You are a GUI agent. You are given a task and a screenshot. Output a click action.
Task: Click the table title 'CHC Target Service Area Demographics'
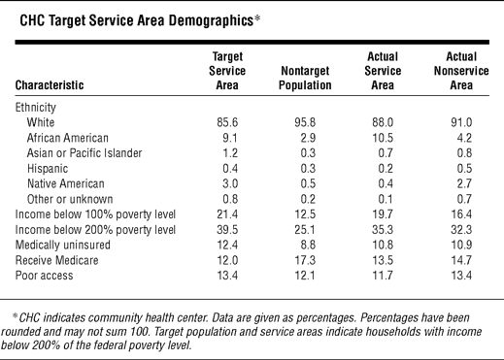tap(136, 20)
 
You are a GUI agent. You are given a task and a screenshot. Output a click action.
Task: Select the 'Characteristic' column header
tap(50, 85)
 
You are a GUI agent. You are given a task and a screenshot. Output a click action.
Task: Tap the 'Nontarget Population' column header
tap(305, 78)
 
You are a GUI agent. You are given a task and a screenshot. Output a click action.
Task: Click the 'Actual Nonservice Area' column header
tap(461, 71)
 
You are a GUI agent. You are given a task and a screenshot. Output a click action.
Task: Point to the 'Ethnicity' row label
tap(36, 108)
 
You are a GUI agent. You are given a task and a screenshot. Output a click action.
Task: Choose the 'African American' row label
tap(68, 138)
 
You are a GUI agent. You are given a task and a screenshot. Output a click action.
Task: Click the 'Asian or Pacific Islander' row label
tap(84, 153)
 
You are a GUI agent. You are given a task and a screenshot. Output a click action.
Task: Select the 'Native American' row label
tap(66, 183)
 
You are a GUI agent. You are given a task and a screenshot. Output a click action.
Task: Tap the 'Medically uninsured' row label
tap(63, 245)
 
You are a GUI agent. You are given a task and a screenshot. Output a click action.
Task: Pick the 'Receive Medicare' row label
tap(56, 260)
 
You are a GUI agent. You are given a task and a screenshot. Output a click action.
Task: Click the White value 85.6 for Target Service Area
tap(227, 122)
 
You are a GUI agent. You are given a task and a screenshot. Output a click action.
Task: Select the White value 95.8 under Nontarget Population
tap(305, 122)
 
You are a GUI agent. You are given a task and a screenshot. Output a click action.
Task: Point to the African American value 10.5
tap(383, 138)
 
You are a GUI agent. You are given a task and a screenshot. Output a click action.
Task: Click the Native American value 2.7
tap(464, 183)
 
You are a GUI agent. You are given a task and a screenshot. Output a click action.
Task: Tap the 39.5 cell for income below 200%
tap(227, 230)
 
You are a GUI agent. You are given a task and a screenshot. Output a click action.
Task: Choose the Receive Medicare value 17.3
tap(305, 260)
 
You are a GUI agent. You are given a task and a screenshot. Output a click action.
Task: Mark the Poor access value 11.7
tap(383, 276)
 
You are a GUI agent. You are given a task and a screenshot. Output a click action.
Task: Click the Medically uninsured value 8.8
tap(308, 245)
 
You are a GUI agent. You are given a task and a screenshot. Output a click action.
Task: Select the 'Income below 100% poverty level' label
tap(95, 214)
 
